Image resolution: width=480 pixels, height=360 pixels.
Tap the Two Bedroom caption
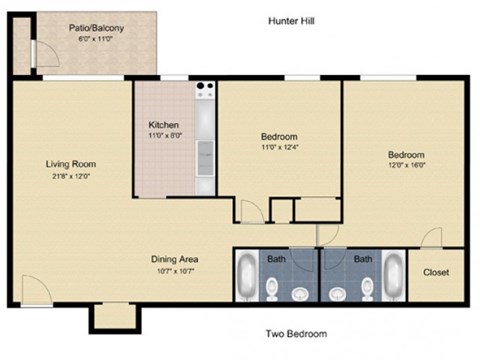tap(295, 334)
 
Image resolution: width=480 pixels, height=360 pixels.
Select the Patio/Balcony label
tap(97, 28)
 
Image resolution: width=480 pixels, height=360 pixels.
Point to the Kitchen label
tap(163, 125)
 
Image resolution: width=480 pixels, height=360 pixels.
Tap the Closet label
tap(436, 272)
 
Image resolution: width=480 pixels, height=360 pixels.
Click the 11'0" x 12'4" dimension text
tap(280, 148)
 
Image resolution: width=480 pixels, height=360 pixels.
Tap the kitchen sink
tap(205, 152)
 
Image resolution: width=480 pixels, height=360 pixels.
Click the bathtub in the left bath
tap(247, 275)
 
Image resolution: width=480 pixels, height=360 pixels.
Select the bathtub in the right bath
tap(392, 275)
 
